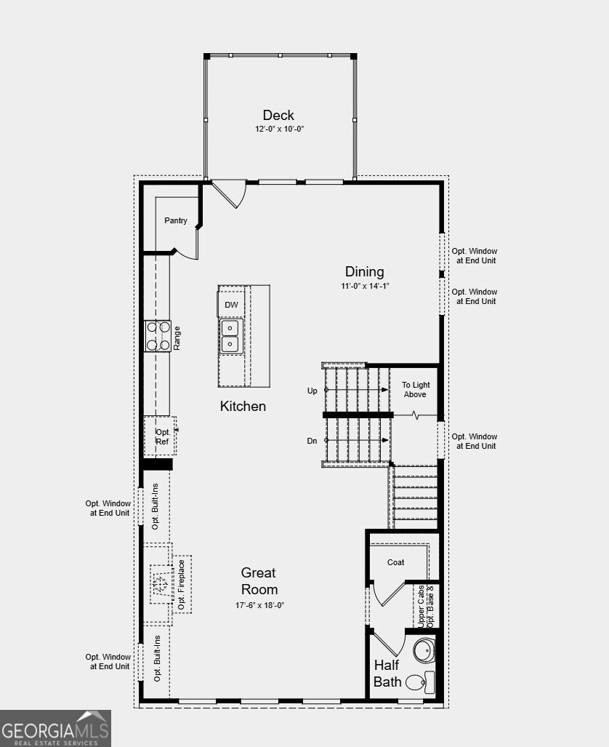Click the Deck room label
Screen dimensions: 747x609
click(x=278, y=115)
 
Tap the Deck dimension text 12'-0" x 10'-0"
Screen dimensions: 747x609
click(x=278, y=129)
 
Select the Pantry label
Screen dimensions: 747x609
click(x=176, y=220)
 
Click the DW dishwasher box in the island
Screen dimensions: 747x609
click(x=231, y=305)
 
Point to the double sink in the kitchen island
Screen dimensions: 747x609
click(x=230, y=335)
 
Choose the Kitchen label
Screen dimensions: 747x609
click(x=243, y=406)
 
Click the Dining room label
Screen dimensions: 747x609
click(x=365, y=271)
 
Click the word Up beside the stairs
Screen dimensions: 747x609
click(x=312, y=391)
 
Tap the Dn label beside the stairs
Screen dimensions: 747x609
click(x=312, y=441)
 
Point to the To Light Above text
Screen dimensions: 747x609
click(x=416, y=389)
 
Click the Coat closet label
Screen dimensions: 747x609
click(x=396, y=562)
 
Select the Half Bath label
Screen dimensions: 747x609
click(x=387, y=673)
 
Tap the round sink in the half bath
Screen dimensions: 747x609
click(x=424, y=650)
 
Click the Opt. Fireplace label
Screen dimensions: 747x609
click(x=181, y=585)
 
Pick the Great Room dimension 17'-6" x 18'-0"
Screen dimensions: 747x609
click(x=259, y=604)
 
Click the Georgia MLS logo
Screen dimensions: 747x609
click(x=55, y=728)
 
